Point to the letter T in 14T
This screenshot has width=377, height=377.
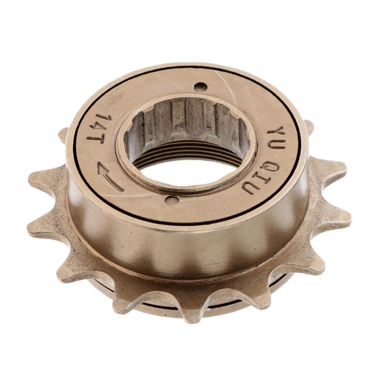pos(96,139)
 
